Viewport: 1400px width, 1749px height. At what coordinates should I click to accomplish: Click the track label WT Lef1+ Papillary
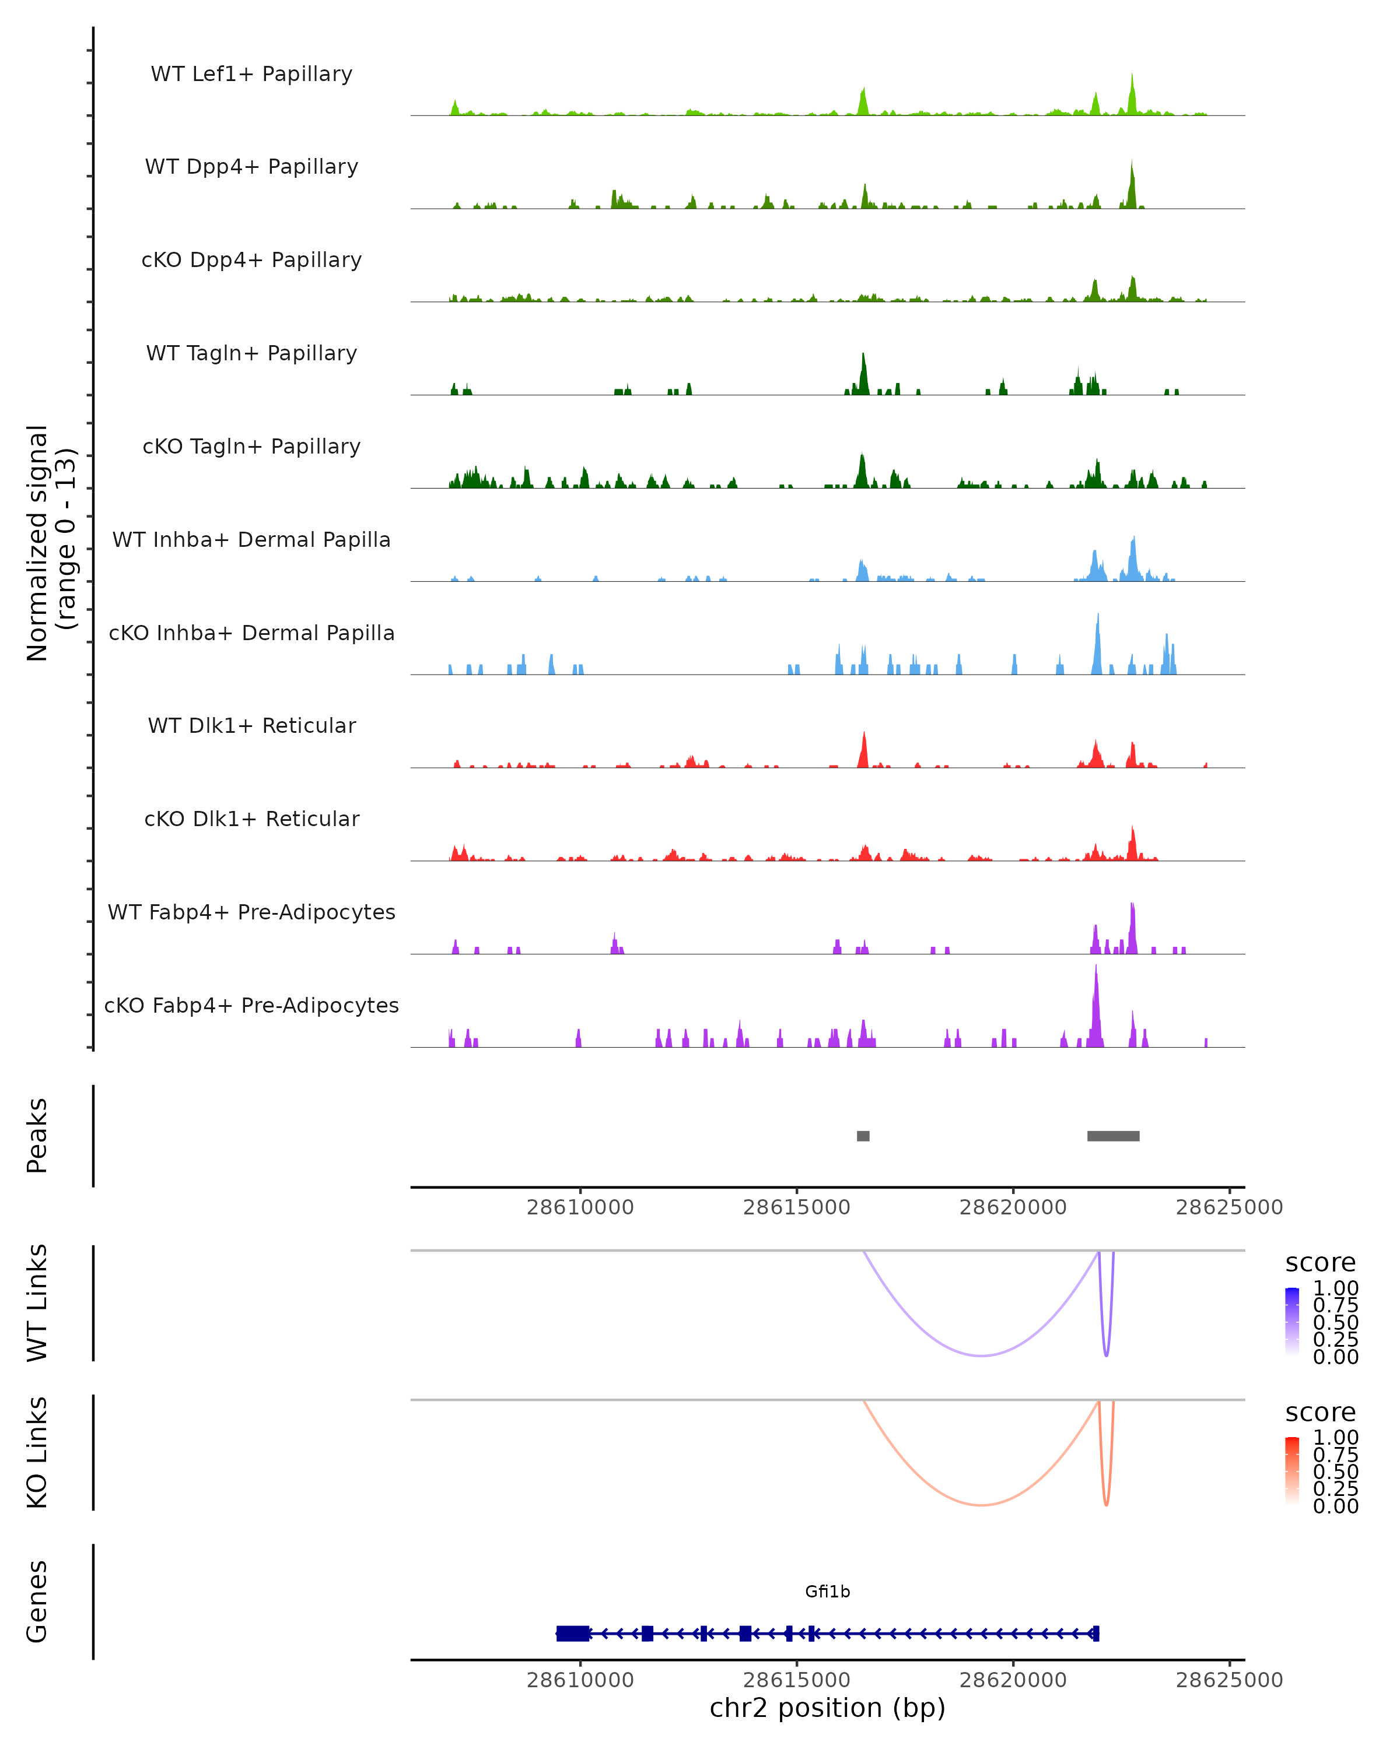tap(251, 74)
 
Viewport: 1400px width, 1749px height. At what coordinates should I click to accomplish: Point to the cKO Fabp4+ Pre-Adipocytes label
tap(251, 1005)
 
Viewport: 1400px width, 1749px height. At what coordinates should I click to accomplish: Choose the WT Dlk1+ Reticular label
tap(251, 725)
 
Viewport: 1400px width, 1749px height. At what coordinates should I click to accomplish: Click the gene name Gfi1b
tap(827, 1592)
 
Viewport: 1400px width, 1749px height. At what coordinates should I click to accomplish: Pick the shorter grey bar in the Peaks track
tap(863, 1136)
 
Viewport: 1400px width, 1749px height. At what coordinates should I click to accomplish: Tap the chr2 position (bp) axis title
tap(827, 1708)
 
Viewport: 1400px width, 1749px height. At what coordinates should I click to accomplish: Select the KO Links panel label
tap(37, 1452)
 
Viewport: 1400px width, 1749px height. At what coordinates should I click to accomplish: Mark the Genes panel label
tap(37, 1602)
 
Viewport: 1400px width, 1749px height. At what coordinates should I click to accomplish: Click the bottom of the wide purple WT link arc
tap(981, 1355)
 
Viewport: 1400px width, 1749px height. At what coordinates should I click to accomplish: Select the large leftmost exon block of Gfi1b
tap(572, 1634)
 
